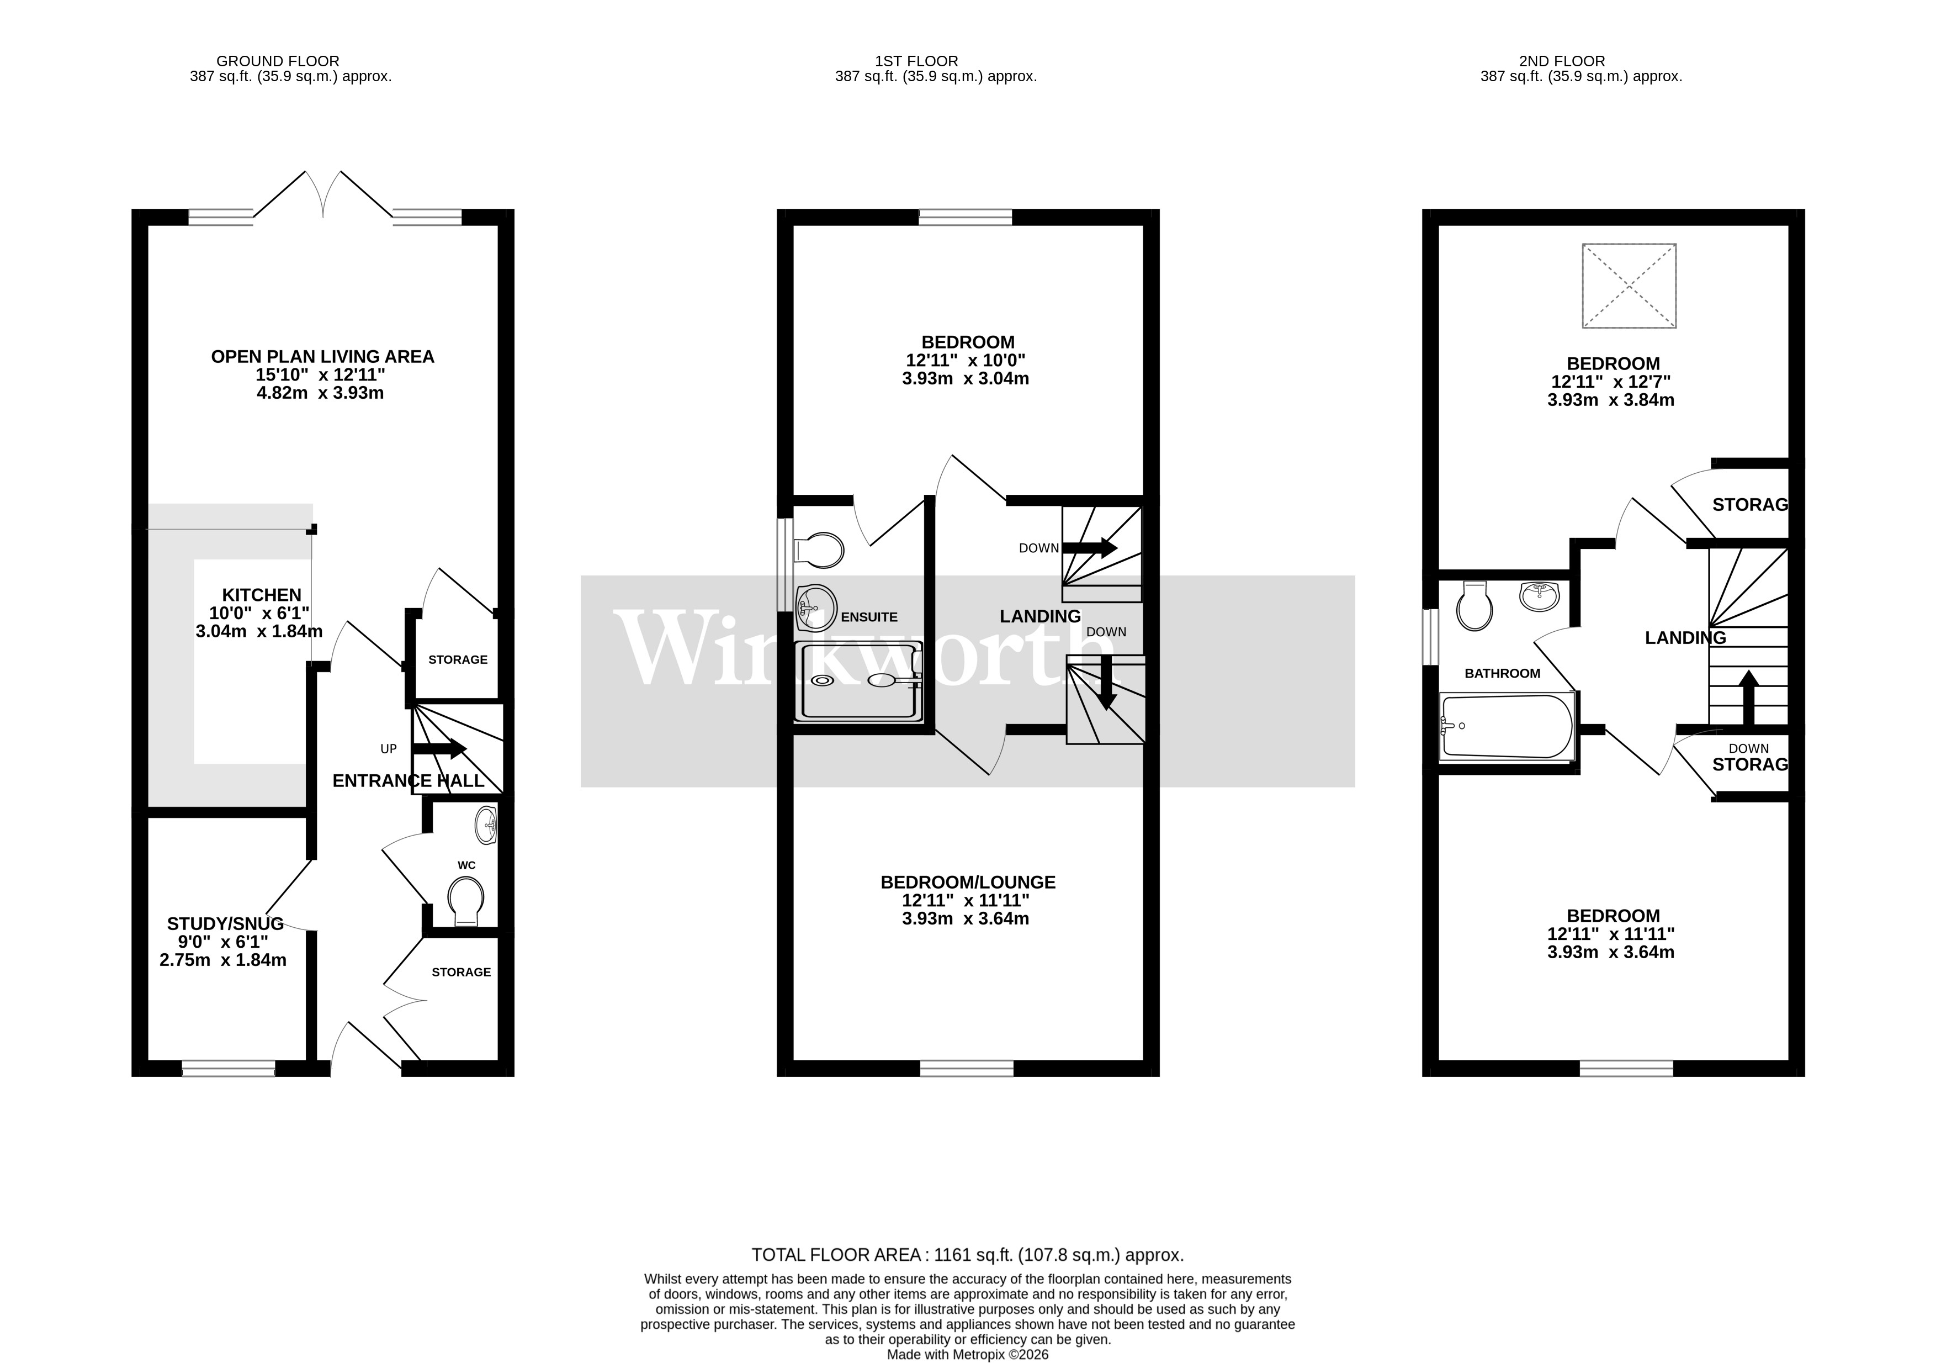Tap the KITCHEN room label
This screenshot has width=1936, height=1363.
pos(262,595)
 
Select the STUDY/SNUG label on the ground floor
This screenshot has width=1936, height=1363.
pos(225,923)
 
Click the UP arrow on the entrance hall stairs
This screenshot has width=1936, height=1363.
pos(438,748)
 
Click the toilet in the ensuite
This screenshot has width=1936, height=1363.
pos(818,551)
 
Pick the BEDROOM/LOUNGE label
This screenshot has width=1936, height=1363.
pos(967,882)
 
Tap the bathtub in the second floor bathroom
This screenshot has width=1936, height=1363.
pos(1507,726)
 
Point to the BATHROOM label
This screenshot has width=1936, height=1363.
pos(1502,673)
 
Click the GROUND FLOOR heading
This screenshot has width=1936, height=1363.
pos(278,61)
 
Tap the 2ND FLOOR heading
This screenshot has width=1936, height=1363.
pos(1562,61)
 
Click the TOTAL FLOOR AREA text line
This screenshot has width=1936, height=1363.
pos(967,1255)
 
